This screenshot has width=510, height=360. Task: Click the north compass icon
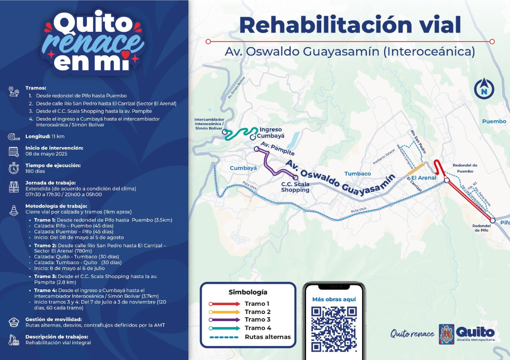tap(484, 89)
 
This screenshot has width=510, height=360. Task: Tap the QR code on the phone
tap(334, 329)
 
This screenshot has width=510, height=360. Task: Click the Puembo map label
tap(494, 121)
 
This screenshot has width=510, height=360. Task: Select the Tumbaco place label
tap(357, 174)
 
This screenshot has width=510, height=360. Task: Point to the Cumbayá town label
tap(243, 168)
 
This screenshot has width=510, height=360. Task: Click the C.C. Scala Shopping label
tap(295, 187)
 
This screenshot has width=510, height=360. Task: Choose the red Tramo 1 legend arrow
tap(224, 304)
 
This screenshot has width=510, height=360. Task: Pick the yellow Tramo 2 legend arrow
tap(224, 312)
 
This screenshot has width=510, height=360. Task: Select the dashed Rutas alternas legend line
tap(224, 337)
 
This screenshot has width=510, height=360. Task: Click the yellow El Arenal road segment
tap(416, 169)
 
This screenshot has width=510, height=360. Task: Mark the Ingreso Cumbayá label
tap(271, 133)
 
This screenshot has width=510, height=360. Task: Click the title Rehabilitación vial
tap(350, 25)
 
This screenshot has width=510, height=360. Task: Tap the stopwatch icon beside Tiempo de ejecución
tap(14, 168)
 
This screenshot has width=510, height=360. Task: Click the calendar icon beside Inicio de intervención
tap(14, 151)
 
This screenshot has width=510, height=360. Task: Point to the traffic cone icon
tap(14, 210)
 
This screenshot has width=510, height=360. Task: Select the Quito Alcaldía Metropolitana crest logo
tap(446, 334)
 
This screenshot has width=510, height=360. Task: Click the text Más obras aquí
tap(334, 299)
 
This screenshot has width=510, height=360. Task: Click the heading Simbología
tap(248, 292)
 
